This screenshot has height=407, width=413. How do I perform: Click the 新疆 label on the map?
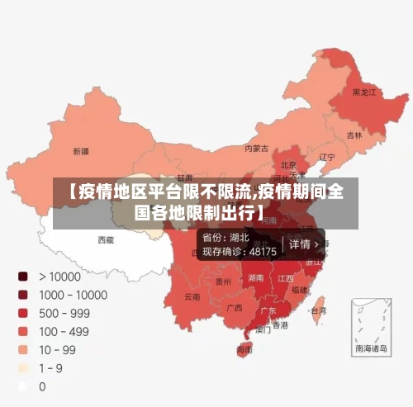point(81,151)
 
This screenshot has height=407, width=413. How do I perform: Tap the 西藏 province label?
point(106,239)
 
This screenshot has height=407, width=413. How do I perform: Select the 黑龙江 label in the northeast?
point(363,92)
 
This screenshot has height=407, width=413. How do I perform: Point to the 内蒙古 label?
point(256,149)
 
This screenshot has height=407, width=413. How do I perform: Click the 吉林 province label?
point(354,135)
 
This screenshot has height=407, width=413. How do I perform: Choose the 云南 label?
point(192,296)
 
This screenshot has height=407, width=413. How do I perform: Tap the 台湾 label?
point(317,311)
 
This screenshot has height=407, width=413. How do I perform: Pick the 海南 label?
point(244,350)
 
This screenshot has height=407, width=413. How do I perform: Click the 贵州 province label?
point(223,282)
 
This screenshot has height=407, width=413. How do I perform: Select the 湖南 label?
point(254,279)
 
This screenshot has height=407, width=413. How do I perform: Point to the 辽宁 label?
point(327,157)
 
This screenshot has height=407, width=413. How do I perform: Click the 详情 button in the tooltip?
point(302,245)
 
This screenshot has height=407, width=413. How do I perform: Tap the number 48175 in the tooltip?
point(263,251)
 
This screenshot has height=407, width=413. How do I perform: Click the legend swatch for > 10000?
point(23,277)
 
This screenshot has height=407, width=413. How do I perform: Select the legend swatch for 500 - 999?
point(23,313)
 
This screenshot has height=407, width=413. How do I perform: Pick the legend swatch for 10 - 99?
point(23,349)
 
